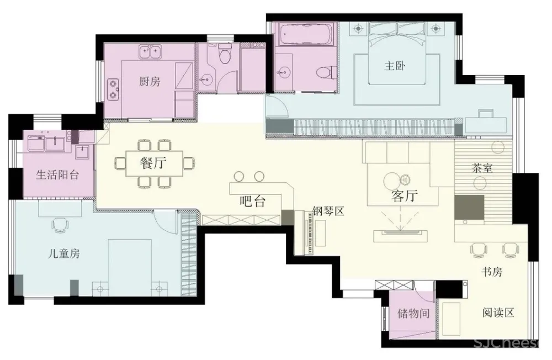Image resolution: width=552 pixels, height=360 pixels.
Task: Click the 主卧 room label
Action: [395, 66]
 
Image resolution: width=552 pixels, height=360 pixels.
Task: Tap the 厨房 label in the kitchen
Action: [150, 82]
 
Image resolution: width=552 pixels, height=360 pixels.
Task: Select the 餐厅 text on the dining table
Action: [153, 163]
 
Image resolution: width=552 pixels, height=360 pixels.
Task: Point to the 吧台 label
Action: [252, 201]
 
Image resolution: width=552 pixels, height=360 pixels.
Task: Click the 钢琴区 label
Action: [328, 211]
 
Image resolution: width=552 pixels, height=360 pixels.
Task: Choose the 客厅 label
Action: [405, 196]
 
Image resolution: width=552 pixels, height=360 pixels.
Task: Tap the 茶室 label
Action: [482, 168]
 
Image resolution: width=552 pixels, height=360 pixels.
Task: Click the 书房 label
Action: [492, 272]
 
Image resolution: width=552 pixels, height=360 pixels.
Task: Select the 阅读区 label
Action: [498, 313]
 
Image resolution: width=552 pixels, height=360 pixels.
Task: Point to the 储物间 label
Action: [413, 313]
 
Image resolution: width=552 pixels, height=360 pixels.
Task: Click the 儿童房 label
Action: [63, 253]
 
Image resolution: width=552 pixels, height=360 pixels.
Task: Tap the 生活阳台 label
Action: [57, 174]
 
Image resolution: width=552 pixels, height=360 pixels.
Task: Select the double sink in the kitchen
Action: [150, 52]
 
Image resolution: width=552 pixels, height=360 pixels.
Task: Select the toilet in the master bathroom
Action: [324, 72]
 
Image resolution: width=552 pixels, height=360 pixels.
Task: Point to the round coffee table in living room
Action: [391, 182]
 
